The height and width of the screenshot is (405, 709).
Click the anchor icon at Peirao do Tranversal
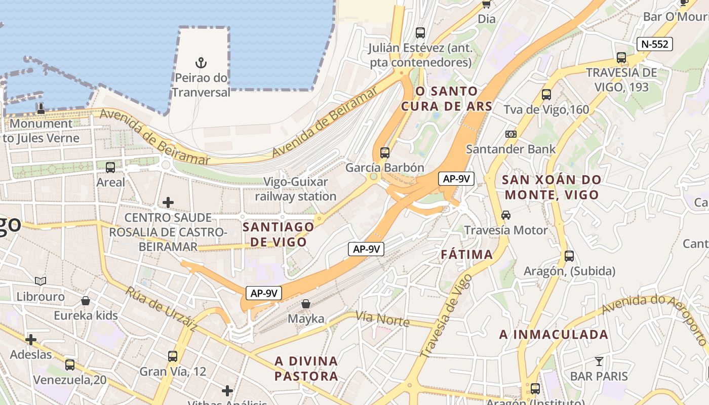202,63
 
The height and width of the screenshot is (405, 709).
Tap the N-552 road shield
655,44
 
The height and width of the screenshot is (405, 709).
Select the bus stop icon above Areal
110,167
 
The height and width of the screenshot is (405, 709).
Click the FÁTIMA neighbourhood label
466,254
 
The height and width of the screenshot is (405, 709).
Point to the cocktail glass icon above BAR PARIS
599,361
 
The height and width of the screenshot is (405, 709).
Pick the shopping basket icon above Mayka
305,304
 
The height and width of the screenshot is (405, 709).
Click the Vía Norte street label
382,319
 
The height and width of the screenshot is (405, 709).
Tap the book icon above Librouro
41,281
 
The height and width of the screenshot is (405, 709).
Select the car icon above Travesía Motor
505,215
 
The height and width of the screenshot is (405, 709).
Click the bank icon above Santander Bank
511,134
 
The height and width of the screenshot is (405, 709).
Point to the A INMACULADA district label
554,334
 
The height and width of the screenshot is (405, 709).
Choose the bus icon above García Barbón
384,152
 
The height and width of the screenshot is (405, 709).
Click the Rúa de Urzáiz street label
161,309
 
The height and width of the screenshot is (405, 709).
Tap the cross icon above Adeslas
31,339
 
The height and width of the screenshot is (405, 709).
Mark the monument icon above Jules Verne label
41,108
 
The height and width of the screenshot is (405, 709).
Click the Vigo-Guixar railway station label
296,189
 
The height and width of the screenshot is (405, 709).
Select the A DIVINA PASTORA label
306,368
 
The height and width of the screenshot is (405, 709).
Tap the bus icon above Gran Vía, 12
173,356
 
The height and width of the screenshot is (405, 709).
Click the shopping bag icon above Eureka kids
86,301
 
